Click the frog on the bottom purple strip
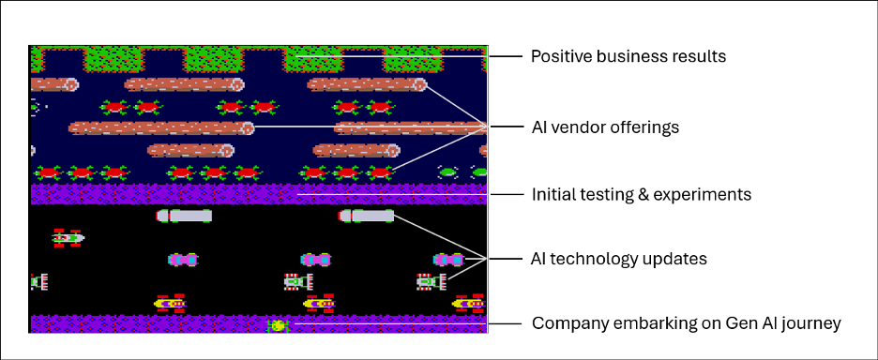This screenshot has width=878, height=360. pos(278,325)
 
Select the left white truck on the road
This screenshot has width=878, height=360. pos(184,216)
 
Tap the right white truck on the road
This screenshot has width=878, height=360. pos(366,216)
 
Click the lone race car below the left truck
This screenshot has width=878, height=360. pos(68,238)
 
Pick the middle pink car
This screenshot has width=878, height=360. pos(316,259)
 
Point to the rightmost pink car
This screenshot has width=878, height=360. pos(448,259)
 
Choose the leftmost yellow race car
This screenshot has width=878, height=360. pos(171,303)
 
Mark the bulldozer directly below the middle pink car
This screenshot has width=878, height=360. pos(298,281)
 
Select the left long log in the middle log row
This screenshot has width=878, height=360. pos(160,128)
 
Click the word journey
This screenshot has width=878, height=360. pos(812,323)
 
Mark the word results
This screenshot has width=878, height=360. pos(699,56)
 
